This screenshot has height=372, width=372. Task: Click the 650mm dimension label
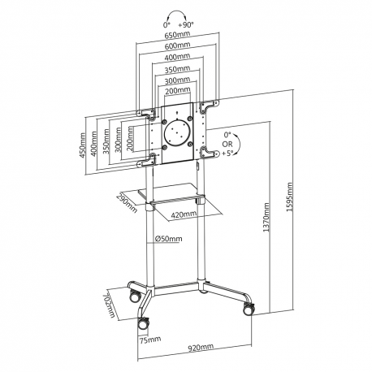pyautogui.click(x=179, y=36)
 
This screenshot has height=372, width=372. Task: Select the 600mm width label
pyautogui.click(x=179, y=47)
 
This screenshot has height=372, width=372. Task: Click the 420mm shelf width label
pyautogui.click(x=184, y=214)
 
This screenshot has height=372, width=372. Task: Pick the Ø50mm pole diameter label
pyautogui.click(x=167, y=239)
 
